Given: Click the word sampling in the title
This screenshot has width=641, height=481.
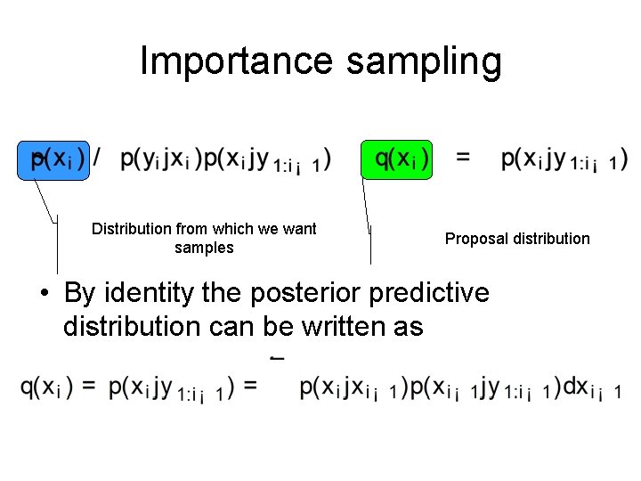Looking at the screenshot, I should click(424, 61).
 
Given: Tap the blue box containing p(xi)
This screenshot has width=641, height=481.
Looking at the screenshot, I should click(53, 159).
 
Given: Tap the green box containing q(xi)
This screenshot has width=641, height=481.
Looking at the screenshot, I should click(396, 159).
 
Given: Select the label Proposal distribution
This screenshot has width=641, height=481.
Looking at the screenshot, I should click(517, 239).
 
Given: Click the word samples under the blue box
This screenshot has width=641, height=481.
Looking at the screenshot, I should click(204, 248).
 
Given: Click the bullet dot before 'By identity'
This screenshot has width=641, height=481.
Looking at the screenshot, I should click(42, 293).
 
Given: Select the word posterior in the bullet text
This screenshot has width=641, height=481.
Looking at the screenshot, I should click(307, 292).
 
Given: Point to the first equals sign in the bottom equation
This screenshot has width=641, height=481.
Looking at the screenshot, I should click(90, 387).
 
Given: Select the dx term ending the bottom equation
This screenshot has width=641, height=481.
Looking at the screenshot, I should click(588, 387).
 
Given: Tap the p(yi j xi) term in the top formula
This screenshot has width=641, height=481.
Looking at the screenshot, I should click(159, 159).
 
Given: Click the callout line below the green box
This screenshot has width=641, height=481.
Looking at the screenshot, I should click(368, 218).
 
